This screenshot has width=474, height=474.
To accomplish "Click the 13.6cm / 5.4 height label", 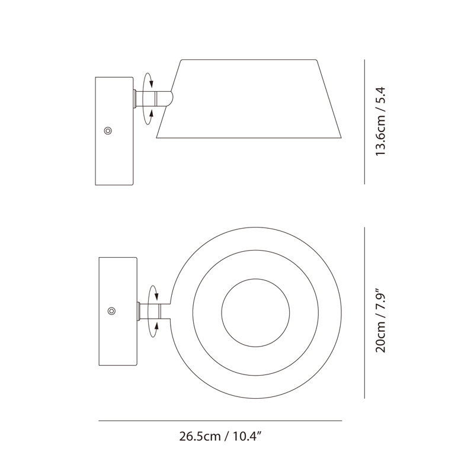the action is (x=380, y=121).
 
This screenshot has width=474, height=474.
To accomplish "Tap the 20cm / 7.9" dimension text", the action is (x=380, y=322).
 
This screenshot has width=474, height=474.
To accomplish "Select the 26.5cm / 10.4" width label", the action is (x=220, y=437).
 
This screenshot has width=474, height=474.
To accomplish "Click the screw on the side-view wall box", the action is (x=108, y=131).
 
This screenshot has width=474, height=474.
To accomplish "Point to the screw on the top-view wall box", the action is (x=112, y=311).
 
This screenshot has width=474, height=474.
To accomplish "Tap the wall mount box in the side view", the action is (x=114, y=131).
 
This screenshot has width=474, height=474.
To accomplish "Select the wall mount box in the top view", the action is (x=118, y=312).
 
